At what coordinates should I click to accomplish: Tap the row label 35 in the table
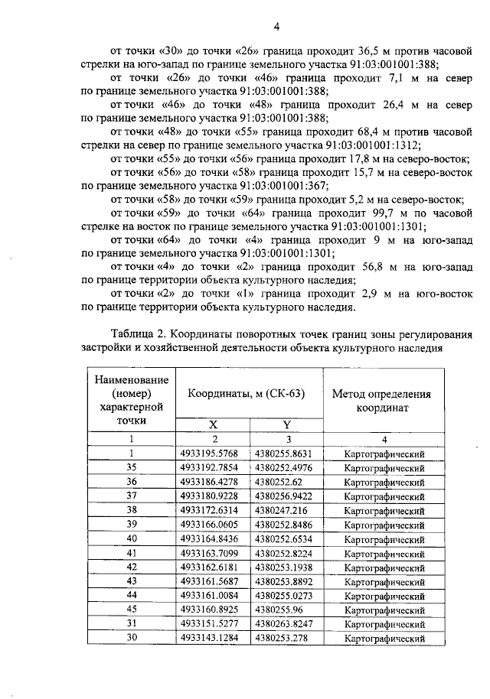(131, 467)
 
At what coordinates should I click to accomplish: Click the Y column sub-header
(286, 425)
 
